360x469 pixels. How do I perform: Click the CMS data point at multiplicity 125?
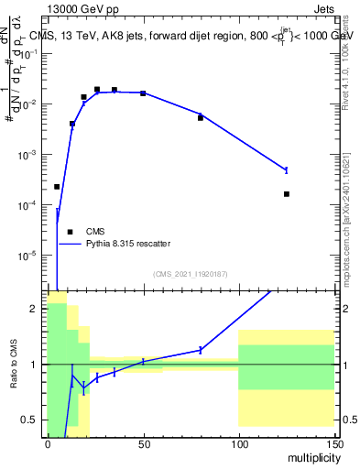pos(286,194)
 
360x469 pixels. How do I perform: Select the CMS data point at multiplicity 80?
pos(201,118)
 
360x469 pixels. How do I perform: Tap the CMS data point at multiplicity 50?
pos(143,93)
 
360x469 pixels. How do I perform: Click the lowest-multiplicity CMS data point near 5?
pos(57,187)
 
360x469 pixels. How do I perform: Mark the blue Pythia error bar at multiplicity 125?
pos(286,170)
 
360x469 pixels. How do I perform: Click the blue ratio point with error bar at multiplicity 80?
pos(201,350)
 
